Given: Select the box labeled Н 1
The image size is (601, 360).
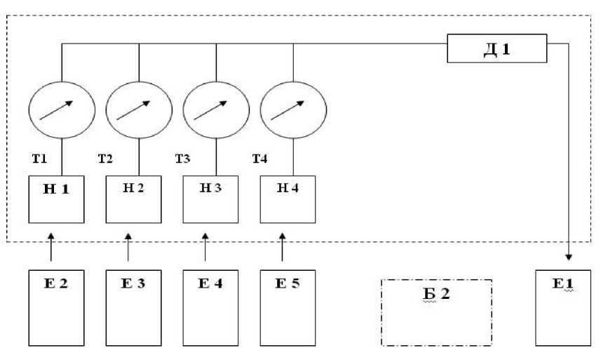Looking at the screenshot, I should pos(56,199).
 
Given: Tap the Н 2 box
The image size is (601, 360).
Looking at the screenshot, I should pos(133,199).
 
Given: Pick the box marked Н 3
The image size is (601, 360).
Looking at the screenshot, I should pos(211,199).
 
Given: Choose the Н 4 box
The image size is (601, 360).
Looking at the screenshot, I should pos(288,199).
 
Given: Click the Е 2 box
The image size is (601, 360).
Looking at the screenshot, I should pos(56,307).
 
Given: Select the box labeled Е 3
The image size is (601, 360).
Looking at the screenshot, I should pos(133,307).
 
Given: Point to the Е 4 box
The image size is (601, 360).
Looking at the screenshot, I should pos(211,307).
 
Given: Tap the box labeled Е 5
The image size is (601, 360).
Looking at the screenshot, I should pos(288,307).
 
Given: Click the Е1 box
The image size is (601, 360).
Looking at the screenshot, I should pos(563,307).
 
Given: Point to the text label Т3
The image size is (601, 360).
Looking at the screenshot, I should pos(182,159).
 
